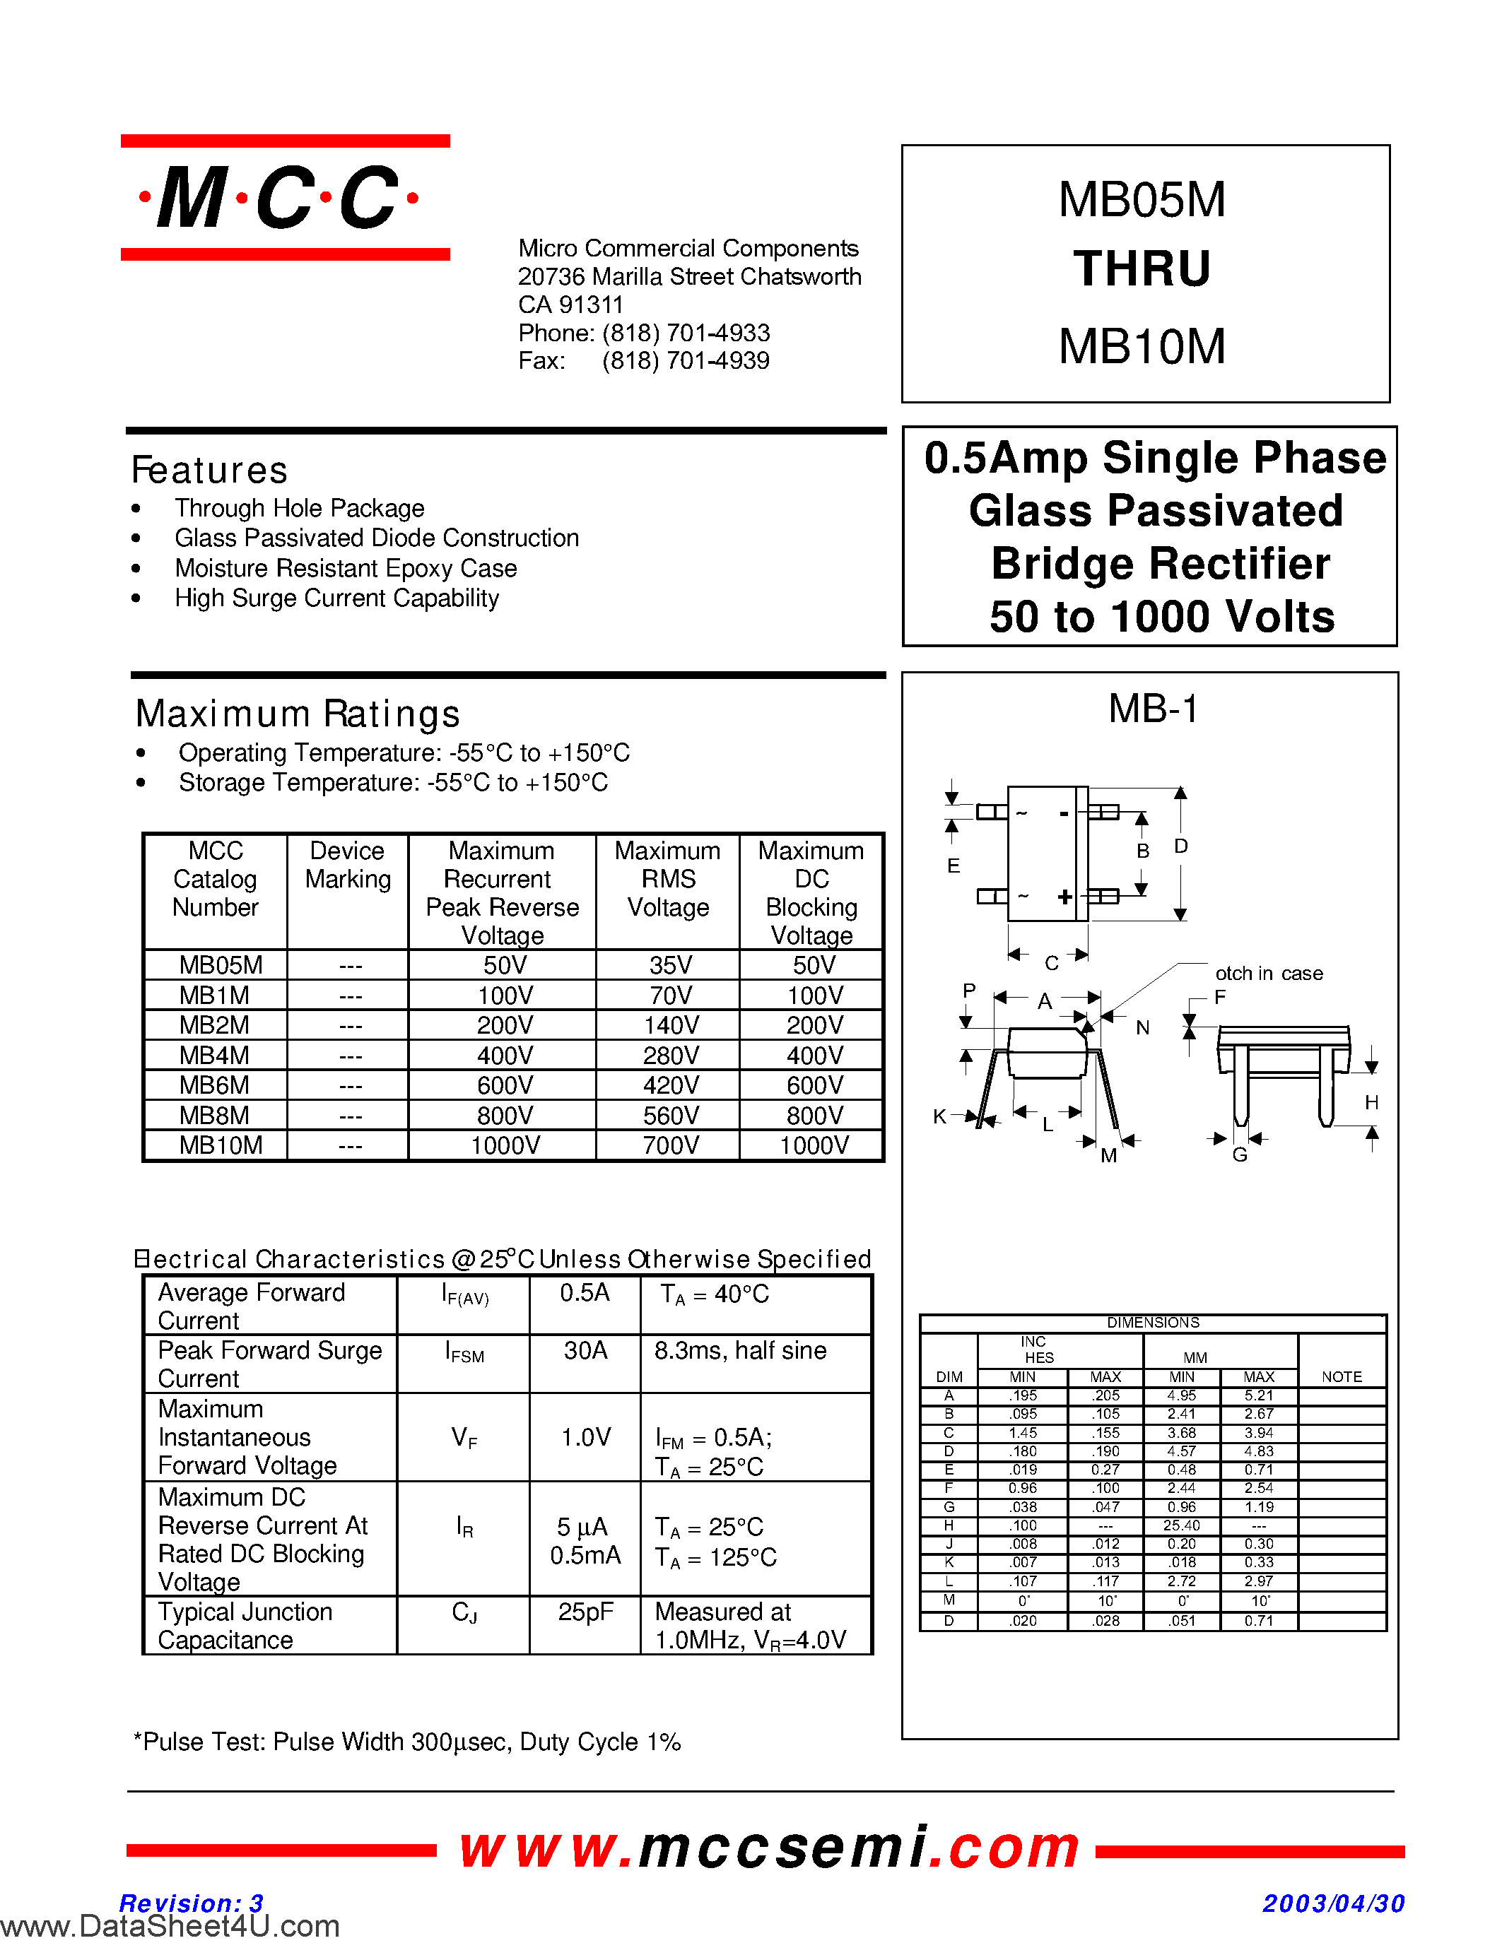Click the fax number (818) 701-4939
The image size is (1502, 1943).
pos(685,360)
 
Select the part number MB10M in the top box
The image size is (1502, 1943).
pos(1142,347)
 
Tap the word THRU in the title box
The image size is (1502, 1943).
pos(1142,268)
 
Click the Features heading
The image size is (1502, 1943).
pos(210,471)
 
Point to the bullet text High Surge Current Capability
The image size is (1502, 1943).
pos(336,598)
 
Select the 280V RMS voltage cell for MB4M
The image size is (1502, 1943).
pos(670,1055)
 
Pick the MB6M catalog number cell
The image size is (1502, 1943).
pos(214,1085)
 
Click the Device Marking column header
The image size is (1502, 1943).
pos(347,865)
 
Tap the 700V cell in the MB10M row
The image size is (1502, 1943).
pos(670,1146)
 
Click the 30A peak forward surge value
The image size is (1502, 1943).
pos(585,1350)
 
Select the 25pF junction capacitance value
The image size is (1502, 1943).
pos(585,1612)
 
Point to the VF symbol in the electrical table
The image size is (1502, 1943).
pos(464,1437)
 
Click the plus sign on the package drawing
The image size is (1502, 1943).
pos(1064,897)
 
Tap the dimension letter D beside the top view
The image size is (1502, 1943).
pos(1181,846)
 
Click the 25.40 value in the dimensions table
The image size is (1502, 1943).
pos(1181,1525)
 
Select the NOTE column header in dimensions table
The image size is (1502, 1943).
pos(1341,1377)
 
